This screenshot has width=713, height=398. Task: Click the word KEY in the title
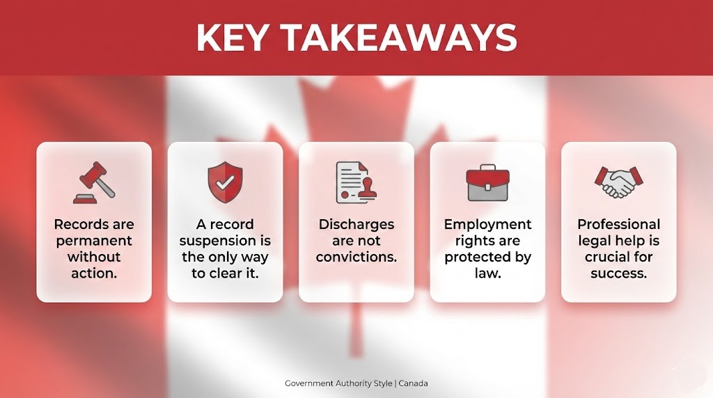(x=233, y=38)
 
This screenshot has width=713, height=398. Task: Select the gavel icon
(x=93, y=183)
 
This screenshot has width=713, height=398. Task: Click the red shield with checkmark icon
(x=224, y=183)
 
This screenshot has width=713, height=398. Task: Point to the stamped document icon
(x=356, y=183)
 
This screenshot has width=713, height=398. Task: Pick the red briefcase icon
(x=487, y=183)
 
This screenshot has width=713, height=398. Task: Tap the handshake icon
(x=618, y=183)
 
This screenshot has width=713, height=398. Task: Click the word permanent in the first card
(x=94, y=241)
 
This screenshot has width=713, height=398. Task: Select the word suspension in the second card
(x=225, y=241)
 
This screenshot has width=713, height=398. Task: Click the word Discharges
(x=356, y=225)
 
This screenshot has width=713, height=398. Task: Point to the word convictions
(x=356, y=257)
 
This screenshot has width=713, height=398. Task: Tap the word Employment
(x=487, y=225)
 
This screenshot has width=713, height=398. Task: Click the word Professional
(x=618, y=225)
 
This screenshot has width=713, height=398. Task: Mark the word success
(x=618, y=273)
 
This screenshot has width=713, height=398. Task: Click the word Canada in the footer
(x=413, y=383)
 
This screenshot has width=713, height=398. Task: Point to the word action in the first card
(x=93, y=273)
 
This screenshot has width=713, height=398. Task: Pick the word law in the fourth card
(x=487, y=273)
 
